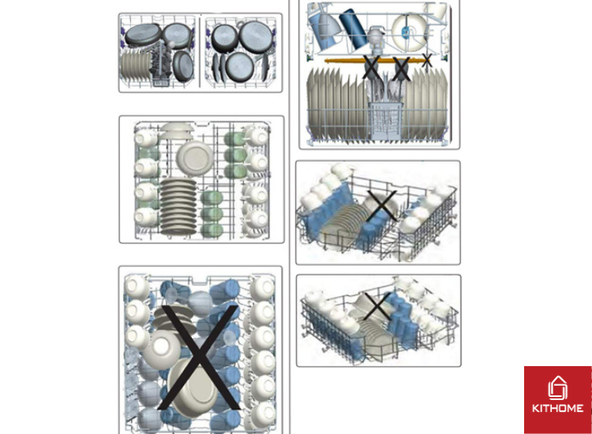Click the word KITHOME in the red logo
pos(557,408)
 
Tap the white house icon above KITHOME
pos(557,388)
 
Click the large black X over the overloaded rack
pos(199,357)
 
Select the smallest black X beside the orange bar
pos(426,61)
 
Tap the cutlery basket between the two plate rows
pos(385,120)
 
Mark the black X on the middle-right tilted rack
pos(381,206)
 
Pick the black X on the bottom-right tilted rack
pos(377,305)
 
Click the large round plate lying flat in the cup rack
pos(195,157)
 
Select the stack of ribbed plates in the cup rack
pos(178,207)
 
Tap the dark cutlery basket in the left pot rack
pos(161,67)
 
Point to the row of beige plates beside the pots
pos(136,66)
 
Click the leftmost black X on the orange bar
pos(371,68)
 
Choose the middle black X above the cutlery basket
pos(401,69)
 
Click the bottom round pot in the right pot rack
pos(239,66)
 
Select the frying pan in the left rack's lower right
pos(183,66)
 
